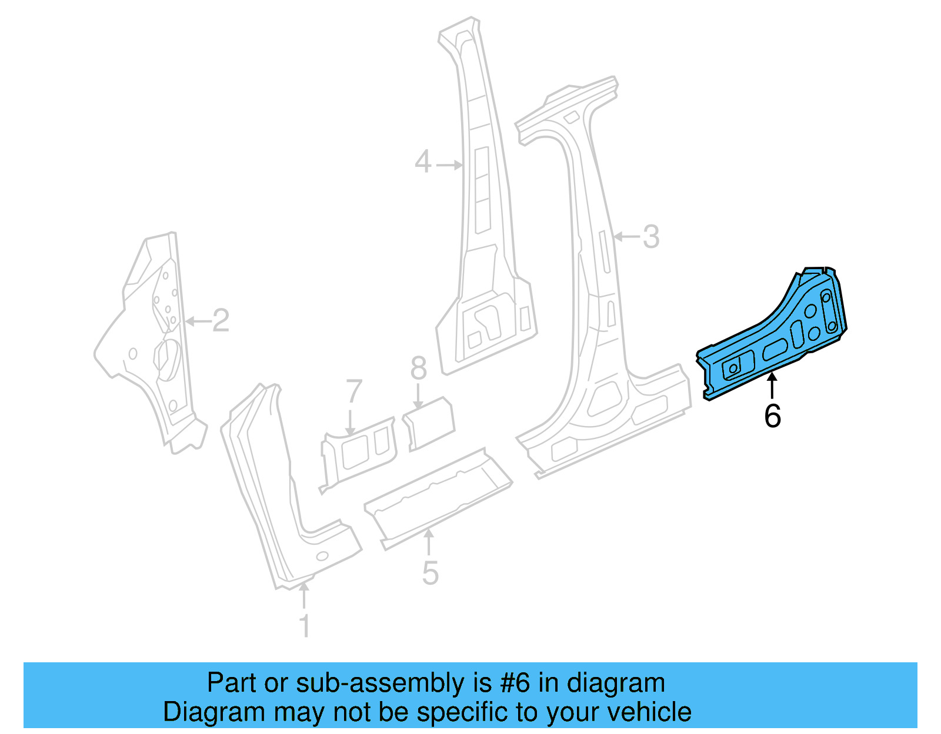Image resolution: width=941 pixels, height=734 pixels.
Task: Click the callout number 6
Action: click(x=772, y=416)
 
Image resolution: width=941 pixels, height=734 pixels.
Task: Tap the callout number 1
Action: click(x=304, y=626)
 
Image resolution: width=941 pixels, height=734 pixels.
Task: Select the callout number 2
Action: click(x=221, y=321)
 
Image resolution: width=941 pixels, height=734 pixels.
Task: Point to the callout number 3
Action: click(x=650, y=237)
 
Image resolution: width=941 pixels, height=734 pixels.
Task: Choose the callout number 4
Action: click(x=423, y=162)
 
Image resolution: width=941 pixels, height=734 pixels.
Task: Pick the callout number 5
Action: click(x=430, y=573)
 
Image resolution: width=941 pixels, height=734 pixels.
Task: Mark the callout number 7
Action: click(x=353, y=391)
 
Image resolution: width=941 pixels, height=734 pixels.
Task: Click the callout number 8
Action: click(x=418, y=369)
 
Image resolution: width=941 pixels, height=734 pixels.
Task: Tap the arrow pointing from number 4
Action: click(x=450, y=165)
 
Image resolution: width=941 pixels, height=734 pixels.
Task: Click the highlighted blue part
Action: click(x=776, y=335)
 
